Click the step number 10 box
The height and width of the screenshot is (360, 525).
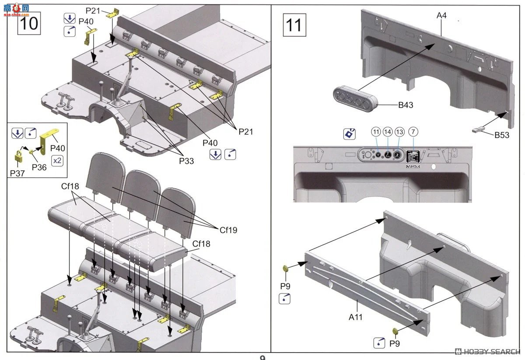click(29, 23)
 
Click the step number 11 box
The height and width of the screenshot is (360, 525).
click(294, 25)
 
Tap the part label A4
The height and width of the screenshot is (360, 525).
click(441, 16)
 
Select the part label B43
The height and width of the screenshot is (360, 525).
click(406, 105)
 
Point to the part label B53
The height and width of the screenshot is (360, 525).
click(502, 135)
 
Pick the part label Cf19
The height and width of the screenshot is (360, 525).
click(228, 229)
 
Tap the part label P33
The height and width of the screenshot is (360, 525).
click(186, 161)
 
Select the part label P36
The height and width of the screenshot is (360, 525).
click(39, 167)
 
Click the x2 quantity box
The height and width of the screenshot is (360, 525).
click(57, 160)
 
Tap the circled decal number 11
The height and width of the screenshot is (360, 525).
click(376, 132)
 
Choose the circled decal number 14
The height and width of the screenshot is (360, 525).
click(388, 132)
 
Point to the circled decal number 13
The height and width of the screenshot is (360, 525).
click(399, 132)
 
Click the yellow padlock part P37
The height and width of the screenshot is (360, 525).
click(18, 156)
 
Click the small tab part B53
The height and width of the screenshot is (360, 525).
click(479, 129)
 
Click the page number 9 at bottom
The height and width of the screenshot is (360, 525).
click(262, 357)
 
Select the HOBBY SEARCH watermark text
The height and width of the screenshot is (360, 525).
click(488, 352)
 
